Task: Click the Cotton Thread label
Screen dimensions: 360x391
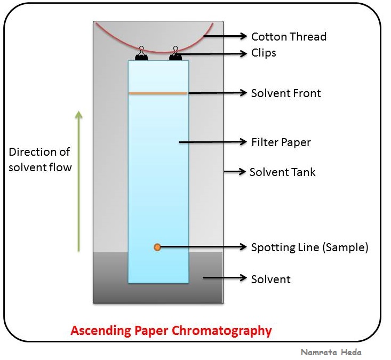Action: (289, 37)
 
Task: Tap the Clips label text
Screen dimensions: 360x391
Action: (264, 53)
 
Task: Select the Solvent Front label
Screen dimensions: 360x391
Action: (286, 93)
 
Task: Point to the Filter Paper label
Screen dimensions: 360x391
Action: (281, 142)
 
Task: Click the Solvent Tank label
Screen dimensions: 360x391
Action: (283, 172)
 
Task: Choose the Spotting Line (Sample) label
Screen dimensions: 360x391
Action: (309, 247)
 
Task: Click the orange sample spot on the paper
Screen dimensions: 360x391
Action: (157, 247)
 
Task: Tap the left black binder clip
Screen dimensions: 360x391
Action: (141, 54)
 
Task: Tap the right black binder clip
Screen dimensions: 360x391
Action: (175, 54)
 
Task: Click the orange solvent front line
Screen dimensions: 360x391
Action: (158, 93)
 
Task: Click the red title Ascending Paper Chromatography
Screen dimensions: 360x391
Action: (171, 331)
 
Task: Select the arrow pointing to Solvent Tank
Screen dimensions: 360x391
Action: (235, 172)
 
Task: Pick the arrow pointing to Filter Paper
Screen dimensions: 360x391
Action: (213, 142)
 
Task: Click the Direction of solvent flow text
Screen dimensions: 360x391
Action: (40, 159)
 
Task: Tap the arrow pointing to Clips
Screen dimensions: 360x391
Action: (213, 53)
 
